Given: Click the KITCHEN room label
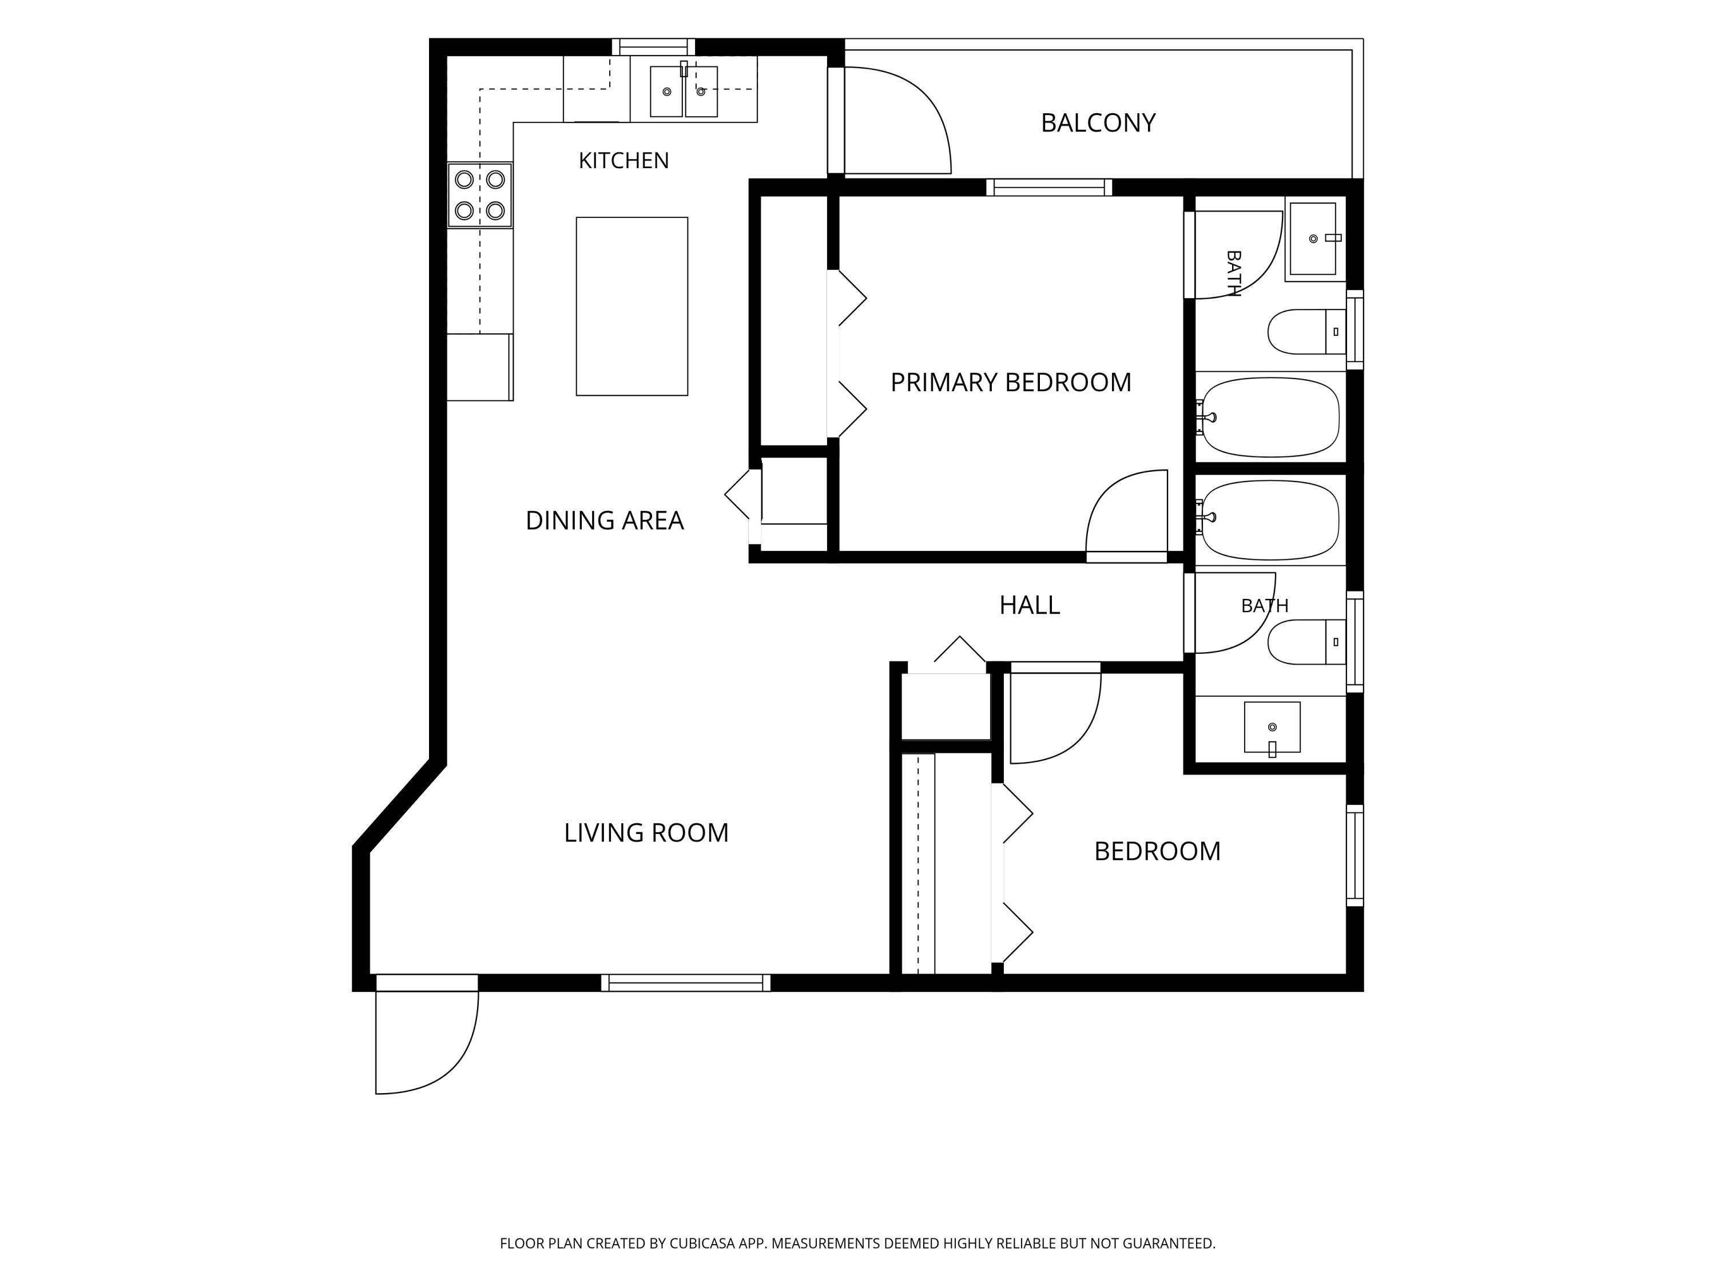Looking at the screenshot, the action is [x=623, y=161].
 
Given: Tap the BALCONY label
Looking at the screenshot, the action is [x=1098, y=122].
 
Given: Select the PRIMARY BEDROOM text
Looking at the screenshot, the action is [x=1011, y=383].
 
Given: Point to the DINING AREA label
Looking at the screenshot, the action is [x=605, y=521].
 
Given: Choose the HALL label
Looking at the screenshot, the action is [x=1030, y=605].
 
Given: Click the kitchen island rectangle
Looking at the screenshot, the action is [x=631, y=307].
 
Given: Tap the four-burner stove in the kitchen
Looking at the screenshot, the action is [x=479, y=194].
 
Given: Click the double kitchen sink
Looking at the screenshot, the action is [x=684, y=91].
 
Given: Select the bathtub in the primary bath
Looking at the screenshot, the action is [x=1270, y=418].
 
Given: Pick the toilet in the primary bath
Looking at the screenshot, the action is [x=1306, y=332].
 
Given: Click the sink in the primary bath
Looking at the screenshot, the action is [x=1313, y=239].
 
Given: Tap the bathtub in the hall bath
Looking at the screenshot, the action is [x=1270, y=520].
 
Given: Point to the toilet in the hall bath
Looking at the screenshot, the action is [x=1306, y=642].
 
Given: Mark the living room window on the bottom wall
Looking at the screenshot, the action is [x=686, y=983].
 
